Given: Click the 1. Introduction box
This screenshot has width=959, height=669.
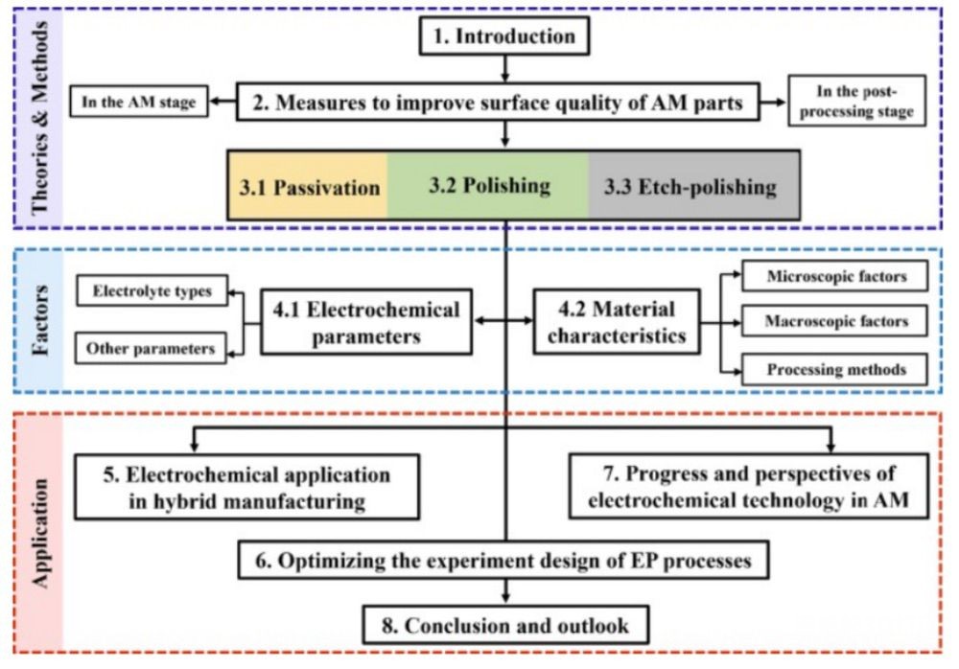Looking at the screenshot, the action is (x=504, y=35).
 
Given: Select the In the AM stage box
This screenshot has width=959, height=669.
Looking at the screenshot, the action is (x=139, y=102).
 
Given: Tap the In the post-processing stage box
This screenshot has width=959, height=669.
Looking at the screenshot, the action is (x=856, y=101).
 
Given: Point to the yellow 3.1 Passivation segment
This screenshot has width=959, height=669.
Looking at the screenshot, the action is (x=308, y=186).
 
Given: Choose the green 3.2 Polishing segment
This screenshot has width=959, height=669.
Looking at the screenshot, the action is (x=488, y=186).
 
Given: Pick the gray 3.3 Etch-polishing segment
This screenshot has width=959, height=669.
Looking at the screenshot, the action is (x=694, y=186).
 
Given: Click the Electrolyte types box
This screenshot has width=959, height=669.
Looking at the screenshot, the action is (x=152, y=290).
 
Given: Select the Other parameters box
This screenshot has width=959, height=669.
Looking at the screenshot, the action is (x=151, y=348).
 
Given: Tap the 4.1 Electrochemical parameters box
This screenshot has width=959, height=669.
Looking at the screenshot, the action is (x=366, y=322).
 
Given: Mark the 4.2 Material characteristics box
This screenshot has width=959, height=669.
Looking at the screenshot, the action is (x=617, y=322).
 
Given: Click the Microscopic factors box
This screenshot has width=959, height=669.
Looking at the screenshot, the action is (x=835, y=276).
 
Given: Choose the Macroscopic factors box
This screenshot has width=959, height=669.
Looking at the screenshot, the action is (x=835, y=321).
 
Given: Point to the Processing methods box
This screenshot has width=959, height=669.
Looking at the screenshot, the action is (x=835, y=369).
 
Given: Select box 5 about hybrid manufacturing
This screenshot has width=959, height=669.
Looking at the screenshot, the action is (x=247, y=488).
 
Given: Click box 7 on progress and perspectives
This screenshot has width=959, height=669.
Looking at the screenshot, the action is (x=749, y=486).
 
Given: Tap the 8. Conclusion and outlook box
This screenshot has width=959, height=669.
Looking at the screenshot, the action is (x=505, y=625).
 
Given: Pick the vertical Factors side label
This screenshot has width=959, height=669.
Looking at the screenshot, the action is (x=40, y=320).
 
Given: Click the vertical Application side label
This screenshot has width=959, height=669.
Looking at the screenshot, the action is (x=40, y=533).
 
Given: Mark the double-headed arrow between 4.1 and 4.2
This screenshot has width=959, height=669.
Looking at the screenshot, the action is (x=503, y=320).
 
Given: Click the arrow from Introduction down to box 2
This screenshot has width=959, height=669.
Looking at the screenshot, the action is (x=504, y=68).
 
